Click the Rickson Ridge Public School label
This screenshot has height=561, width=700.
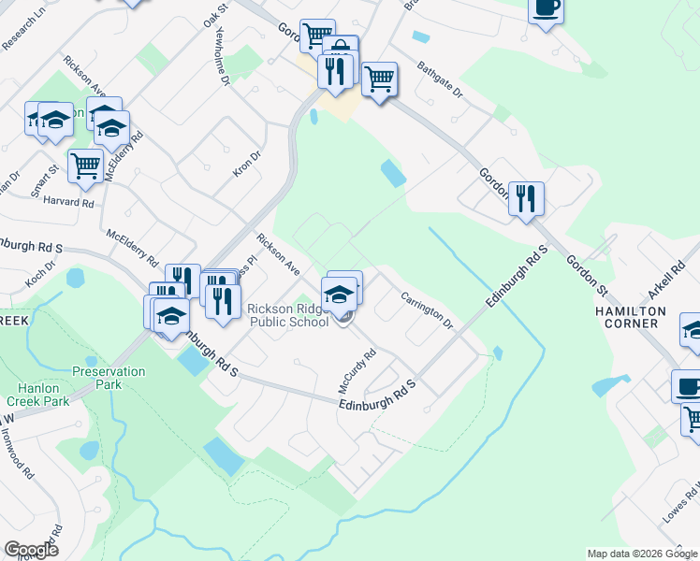pos(287,316)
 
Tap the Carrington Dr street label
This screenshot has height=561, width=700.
pos(427,311)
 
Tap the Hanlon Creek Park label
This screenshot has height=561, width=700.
pos(43,395)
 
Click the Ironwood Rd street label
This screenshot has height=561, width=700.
pos(16,450)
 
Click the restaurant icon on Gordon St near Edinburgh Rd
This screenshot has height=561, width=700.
pos(526,199)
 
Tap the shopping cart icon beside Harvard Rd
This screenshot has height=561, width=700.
pos(85,165)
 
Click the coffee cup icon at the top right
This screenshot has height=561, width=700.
pos(547,8)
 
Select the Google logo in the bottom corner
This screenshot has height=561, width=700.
pos(31,550)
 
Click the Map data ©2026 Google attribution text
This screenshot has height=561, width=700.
pos(642,554)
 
